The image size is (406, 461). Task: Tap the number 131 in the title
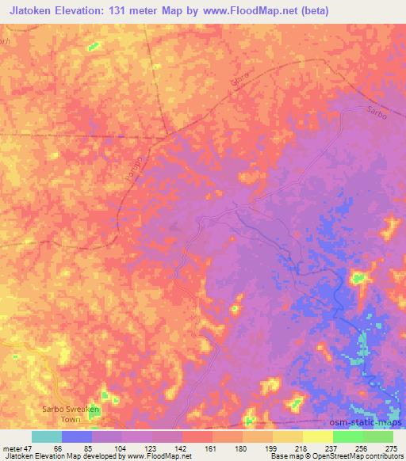click(x=127, y=10)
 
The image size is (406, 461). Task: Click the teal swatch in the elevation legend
click(x=47, y=436)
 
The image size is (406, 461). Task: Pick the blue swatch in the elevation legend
click(x=77, y=436)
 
